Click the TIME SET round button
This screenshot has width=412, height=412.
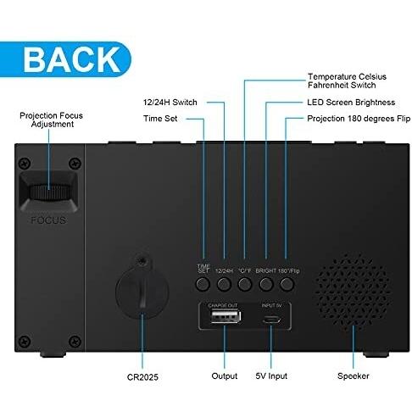click(x=203, y=284)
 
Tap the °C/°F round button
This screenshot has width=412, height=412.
click(x=245, y=284)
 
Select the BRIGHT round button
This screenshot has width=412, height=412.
click(x=266, y=284)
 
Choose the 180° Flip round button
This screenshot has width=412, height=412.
click(x=287, y=284)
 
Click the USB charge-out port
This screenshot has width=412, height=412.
click(x=226, y=316)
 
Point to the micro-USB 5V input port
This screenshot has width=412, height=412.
click(x=271, y=320)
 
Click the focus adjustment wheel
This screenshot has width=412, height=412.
click(x=48, y=192)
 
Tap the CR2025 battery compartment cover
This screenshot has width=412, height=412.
click(x=142, y=287)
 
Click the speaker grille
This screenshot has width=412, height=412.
click(x=353, y=291)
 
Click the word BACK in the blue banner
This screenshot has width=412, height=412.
click(x=72, y=59)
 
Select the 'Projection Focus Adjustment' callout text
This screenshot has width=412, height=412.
click(x=51, y=120)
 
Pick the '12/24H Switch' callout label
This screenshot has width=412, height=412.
click(x=170, y=102)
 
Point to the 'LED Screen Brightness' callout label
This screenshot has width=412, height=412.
click(x=351, y=102)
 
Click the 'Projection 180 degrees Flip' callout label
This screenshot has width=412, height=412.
click(x=359, y=119)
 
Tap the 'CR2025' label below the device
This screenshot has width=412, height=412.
click(x=142, y=377)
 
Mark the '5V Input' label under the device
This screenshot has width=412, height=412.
click(x=271, y=376)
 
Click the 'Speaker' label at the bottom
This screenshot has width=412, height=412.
click(x=354, y=376)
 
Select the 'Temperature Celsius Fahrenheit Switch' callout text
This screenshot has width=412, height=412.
click(x=347, y=81)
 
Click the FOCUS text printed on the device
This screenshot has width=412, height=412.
click(x=48, y=220)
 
